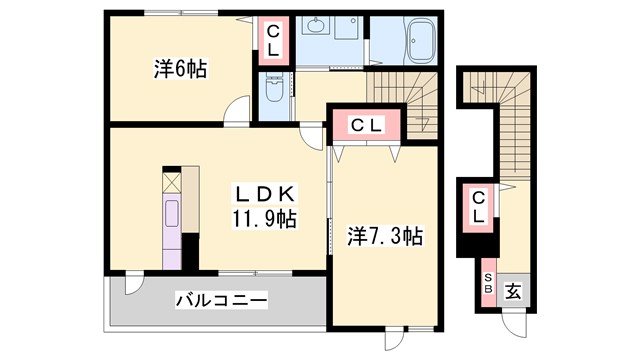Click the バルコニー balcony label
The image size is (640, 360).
click(221, 299)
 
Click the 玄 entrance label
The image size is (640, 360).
click(511, 291)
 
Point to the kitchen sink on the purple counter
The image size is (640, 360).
click(170, 214)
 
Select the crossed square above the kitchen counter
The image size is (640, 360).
click(170, 183)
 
